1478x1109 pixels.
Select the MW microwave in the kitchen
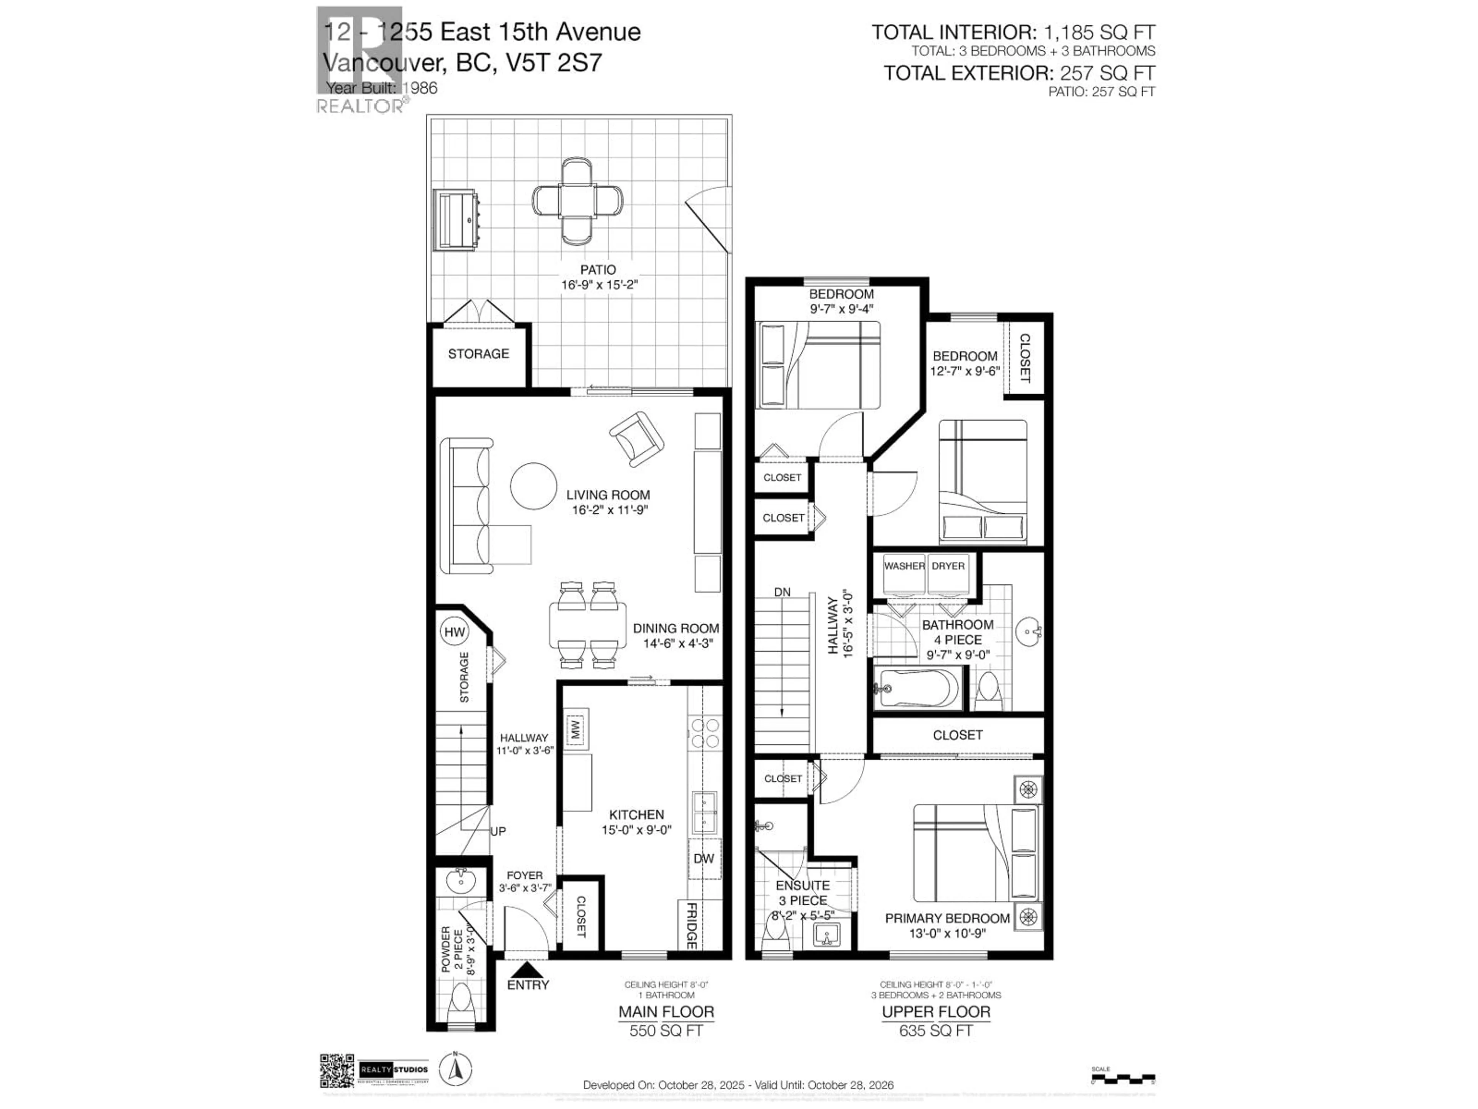point(575,729)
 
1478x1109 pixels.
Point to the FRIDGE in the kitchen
point(692,925)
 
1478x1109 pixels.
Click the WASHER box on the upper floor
point(904,573)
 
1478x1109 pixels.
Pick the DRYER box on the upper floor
point(948,573)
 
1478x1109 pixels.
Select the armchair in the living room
point(637,439)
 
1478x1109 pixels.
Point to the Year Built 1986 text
point(381,87)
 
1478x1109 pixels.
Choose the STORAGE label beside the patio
point(478,353)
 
